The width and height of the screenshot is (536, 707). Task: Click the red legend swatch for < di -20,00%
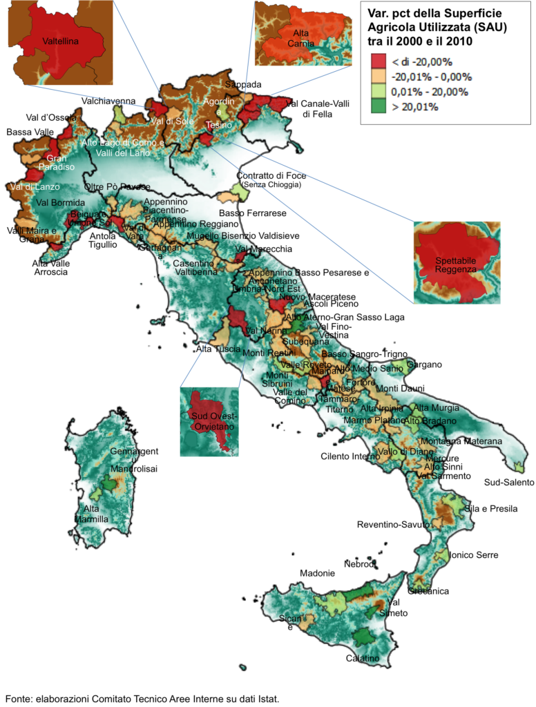click(x=378, y=61)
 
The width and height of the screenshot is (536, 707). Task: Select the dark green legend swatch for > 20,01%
click(x=378, y=107)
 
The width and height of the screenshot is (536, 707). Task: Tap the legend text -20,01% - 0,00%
click(x=430, y=77)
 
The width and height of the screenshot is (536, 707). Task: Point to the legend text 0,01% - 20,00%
click(x=430, y=92)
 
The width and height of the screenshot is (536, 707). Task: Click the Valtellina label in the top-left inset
click(x=61, y=41)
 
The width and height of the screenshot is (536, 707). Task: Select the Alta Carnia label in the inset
click(x=301, y=39)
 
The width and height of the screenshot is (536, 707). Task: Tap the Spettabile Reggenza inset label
click(x=456, y=264)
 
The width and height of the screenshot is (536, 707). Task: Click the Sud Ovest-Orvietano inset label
click(x=209, y=421)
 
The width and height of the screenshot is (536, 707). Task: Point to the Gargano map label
click(x=424, y=365)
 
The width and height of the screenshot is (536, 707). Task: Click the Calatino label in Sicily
click(x=363, y=658)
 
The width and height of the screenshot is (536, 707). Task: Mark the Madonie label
click(x=318, y=573)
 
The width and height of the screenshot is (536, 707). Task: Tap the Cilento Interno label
click(x=350, y=456)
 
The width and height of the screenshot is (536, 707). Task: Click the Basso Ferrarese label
click(x=253, y=213)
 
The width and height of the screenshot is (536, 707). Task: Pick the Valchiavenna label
click(x=108, y=101)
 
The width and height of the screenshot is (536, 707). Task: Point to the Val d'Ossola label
click(x=51, y=117)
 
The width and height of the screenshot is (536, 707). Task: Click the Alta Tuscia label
click(x=218, y=349)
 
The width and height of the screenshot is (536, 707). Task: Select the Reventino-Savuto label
click(x=392, y=525)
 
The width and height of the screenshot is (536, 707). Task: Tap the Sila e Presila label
click(x=491, y=509)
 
